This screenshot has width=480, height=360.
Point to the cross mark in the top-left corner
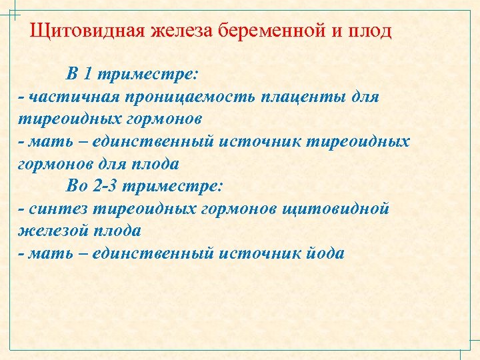tap(13, 14)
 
